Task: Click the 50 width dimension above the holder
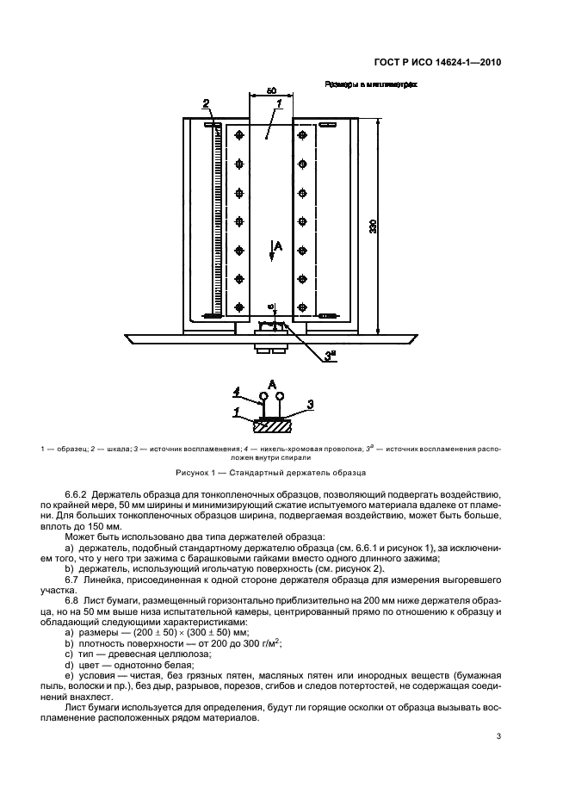271,90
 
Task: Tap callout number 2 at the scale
206,105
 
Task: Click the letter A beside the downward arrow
279,247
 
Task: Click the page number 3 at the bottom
499,735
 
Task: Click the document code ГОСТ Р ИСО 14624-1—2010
437,63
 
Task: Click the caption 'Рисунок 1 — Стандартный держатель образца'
270,473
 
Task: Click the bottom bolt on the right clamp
302,305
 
